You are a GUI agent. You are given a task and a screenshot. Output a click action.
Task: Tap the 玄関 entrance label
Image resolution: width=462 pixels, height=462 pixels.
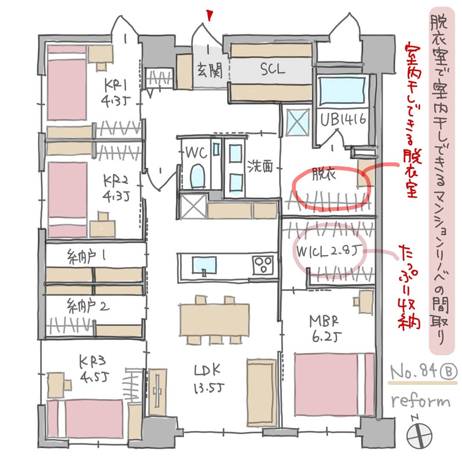point(210,71)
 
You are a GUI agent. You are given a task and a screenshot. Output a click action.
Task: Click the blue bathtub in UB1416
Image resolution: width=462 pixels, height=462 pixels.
point(342,90)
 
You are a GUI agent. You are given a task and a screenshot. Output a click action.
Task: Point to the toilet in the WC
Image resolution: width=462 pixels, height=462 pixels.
point(197,177)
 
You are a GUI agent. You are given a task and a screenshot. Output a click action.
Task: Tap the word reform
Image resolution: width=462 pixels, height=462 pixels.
point(421,402)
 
